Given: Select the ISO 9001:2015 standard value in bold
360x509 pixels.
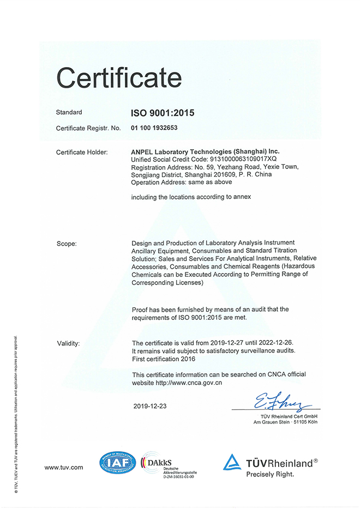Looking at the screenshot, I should coord(163,113).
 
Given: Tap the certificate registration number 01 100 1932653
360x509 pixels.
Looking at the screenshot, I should coord(155,129).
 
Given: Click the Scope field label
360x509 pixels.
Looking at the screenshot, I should coord(67,243).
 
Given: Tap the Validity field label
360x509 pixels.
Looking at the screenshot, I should coord(69,343).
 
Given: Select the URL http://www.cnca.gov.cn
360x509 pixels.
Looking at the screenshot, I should coord(189,383).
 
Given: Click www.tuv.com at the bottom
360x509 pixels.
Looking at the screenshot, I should coord(64,468).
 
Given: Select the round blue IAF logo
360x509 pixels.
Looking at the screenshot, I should coord(117,463).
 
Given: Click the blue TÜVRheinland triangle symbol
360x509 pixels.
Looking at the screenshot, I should coord(231,462).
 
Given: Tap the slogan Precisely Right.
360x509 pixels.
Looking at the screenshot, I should coord(269,474).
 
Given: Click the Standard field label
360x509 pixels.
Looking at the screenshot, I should coord(69,112).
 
